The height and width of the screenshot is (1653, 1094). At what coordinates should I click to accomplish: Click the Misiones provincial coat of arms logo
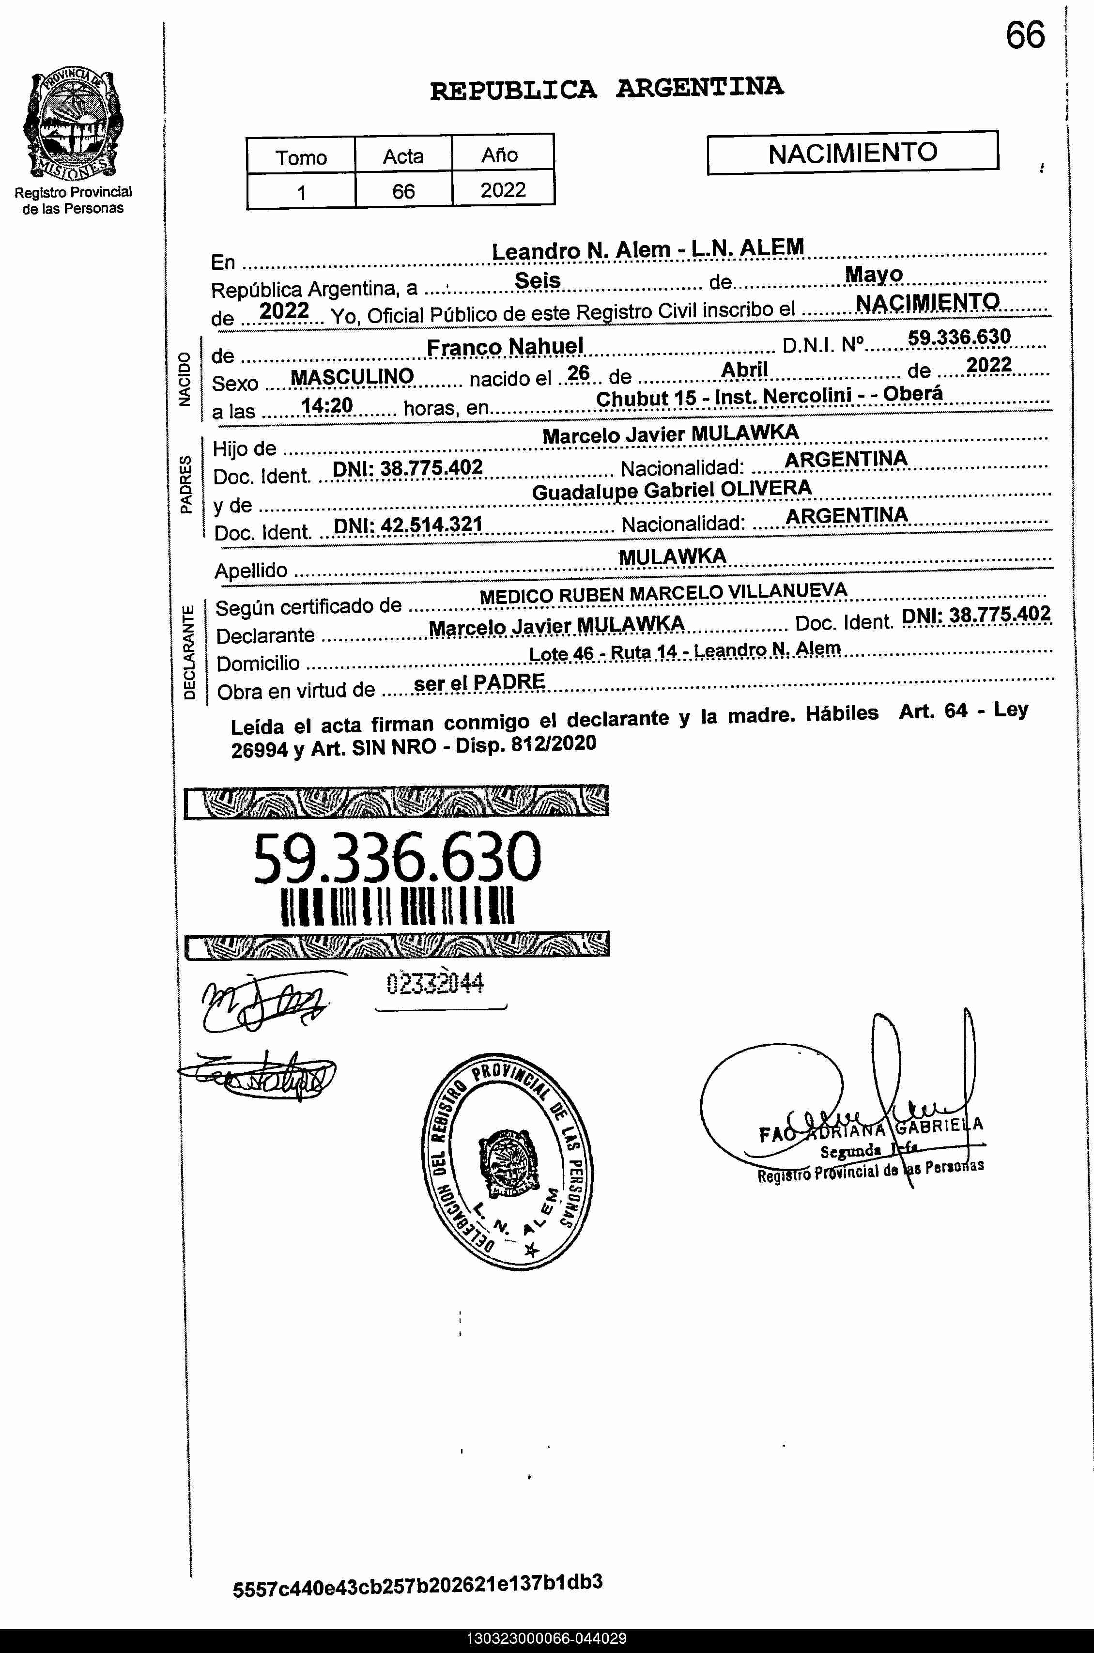point(73,124)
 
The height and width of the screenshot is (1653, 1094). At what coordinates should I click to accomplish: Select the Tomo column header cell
point(301,157)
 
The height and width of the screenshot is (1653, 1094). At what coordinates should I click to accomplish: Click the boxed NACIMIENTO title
point(853,153)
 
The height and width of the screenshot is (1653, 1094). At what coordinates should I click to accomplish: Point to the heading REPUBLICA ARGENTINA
point(606,89)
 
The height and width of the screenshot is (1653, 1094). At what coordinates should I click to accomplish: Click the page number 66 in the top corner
point(1025,35)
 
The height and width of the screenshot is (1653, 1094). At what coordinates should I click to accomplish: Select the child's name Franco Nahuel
point(505,347)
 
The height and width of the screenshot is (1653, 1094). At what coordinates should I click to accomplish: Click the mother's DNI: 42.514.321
point(408,524)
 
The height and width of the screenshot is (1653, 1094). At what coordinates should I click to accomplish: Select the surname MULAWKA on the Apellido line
point(672,557)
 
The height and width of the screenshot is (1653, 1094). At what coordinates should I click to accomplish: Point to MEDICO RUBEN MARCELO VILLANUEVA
point(663,594)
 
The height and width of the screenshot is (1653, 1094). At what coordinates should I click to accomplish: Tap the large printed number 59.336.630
point(397,858)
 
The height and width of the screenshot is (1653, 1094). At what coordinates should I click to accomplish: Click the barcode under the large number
point(397,906)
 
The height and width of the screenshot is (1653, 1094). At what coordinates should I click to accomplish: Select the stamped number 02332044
point(435,984)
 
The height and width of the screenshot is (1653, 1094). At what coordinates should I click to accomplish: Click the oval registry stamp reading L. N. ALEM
point(508,1162)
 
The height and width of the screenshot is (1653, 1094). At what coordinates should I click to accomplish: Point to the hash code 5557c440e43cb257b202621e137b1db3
point(417,1585)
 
